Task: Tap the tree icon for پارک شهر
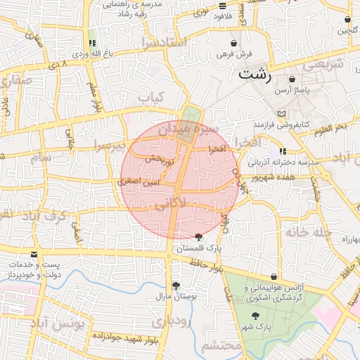click(x=255, y=316)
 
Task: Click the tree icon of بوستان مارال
click(x=175, y=285)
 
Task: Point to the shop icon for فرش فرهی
click(x=233, y=44)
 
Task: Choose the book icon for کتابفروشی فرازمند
click(x=282, y=114)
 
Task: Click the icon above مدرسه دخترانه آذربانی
click(x=283, y=151)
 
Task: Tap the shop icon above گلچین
click(x=349, y=20)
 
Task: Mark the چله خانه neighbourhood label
click(x=304, y=232)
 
